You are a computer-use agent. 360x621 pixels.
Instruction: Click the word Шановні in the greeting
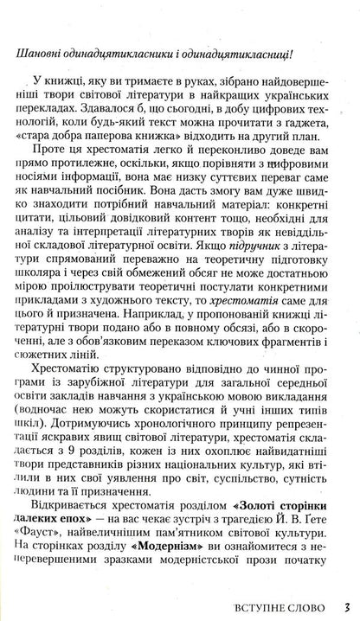tap(39, 55)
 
